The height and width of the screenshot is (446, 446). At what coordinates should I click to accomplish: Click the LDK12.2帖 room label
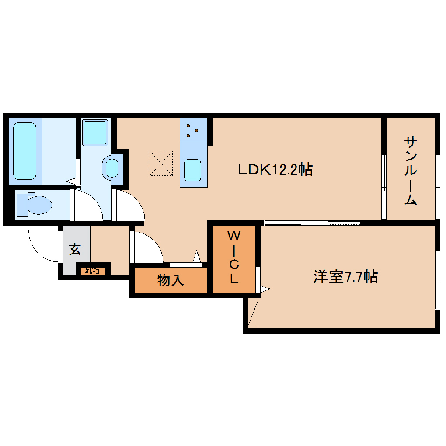click(x=275, y=170)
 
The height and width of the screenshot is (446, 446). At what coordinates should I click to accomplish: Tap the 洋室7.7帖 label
click(x=345, y=276)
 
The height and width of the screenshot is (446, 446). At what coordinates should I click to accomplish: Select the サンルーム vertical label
click(x=411, y=171)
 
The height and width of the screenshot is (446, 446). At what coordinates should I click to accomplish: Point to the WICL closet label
click(x=234, y=257)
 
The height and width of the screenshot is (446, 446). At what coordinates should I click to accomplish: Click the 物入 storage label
click(x=171, y=280)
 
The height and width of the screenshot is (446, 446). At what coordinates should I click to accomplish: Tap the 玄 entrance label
click(x=75, y=249)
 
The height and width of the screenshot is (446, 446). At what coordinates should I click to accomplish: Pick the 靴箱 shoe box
click(x=92, y=271)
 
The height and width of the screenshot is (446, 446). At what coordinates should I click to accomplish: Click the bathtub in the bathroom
click(x=25, y=151)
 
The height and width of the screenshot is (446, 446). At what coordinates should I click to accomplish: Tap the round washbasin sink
click(x=112, y=168)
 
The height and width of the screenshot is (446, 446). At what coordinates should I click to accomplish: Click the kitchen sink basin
click(x=192, y=171)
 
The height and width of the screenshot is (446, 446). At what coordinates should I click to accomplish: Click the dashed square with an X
click(x=161, y=163)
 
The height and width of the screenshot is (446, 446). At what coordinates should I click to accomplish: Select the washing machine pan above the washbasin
click(x=95, y=132)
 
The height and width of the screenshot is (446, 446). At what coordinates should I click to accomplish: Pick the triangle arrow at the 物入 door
click(x=197, y=256)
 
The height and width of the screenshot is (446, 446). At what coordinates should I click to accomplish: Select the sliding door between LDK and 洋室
click(x=312, y=223)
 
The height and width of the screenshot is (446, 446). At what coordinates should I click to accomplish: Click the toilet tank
click(x=22, y=205)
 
